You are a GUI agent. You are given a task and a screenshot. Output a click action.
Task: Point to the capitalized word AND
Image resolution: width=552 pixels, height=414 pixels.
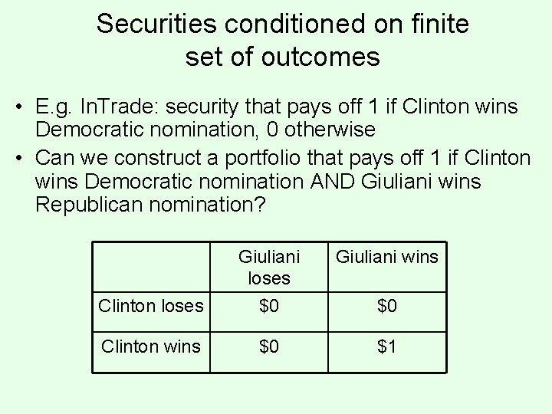click(x=334, y=182)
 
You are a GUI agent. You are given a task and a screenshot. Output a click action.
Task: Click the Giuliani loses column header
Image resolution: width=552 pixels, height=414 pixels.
click(x=268, y=266)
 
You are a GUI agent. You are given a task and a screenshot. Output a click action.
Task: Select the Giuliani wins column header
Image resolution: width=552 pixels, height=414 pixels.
click(x=387, y=256)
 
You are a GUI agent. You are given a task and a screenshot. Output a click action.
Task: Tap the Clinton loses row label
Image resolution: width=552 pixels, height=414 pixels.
click(x=150, y=306)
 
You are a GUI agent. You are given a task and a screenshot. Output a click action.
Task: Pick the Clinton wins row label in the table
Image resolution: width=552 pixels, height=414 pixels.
click(x=150, y=347)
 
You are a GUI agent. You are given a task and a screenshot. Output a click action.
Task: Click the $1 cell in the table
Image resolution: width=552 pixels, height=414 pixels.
click(x=387, y=347)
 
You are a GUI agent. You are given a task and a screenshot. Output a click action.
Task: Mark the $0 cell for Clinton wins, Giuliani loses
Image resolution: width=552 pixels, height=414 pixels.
click(x=268, y=347)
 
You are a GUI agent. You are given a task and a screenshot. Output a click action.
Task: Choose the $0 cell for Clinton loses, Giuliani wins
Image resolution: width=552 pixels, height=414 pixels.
click(x=387, y=306)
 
